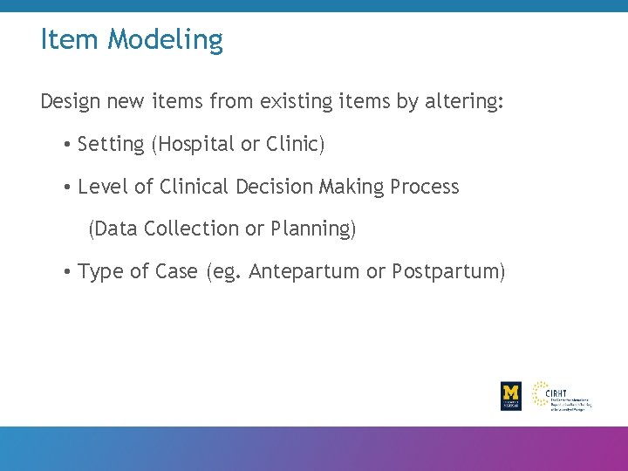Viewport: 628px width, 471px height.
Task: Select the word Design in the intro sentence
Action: [x=71, y=102]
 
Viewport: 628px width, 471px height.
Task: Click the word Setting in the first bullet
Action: [x=111, y=145]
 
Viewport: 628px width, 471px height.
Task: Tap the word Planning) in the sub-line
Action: [x=314, y=229]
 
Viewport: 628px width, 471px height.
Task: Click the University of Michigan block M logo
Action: [x=511, y=395]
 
